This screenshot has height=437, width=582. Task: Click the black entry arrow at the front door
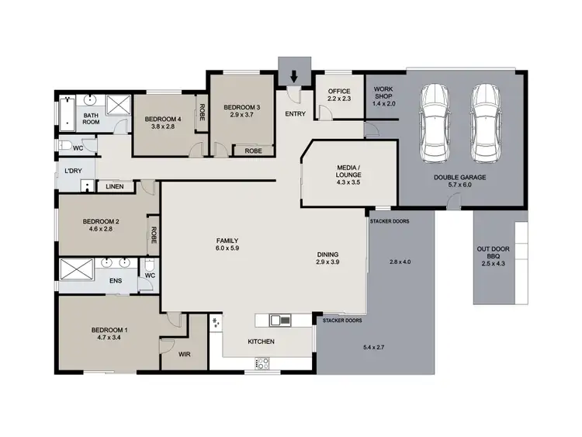pos(293,77)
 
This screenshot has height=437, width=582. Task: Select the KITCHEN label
pos(261,342)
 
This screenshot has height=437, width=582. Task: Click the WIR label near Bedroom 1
pos(184,355)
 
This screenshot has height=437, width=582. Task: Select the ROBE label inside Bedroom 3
pos(253,151)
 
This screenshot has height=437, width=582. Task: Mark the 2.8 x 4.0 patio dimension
pos(400,262)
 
